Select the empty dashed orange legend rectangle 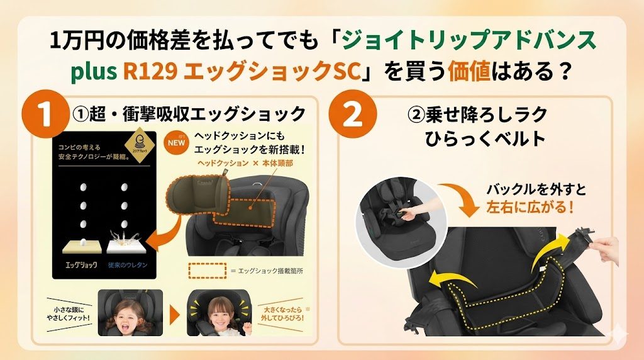point(207,269)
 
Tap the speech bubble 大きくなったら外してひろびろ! point(279,312)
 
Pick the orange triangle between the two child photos point(174,313)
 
